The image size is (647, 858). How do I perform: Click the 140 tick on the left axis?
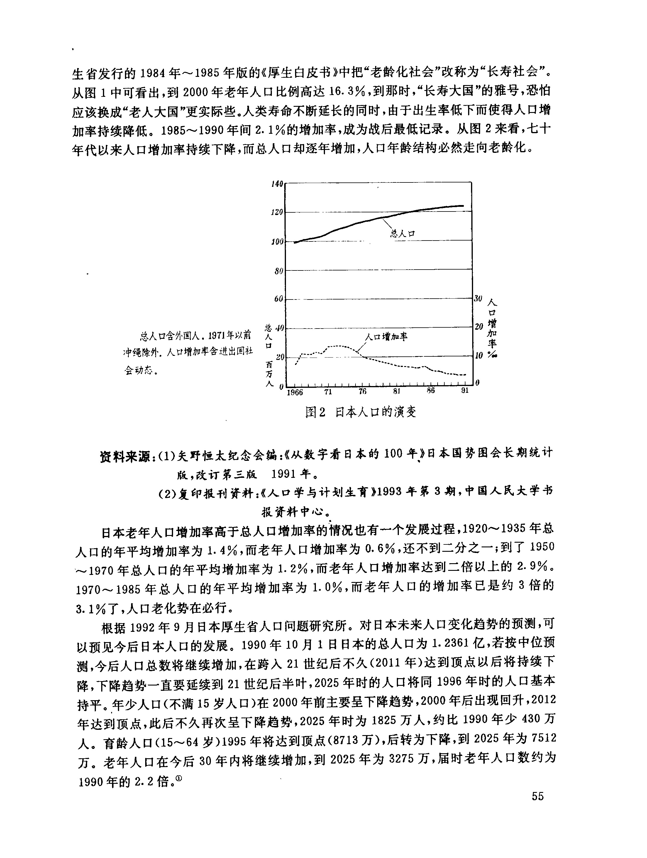tap(277, 183)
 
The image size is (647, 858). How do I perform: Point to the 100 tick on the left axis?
tap(277, 242)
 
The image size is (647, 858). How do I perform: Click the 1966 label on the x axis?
tap(295, 392)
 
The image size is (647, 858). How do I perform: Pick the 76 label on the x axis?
tap(362, 391)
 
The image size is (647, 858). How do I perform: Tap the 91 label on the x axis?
tap(465, 391)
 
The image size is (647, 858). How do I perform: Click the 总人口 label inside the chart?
tap(403, 233)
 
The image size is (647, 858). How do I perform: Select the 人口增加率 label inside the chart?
tap(386, 337)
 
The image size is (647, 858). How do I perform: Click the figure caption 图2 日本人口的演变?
tap(361, 412)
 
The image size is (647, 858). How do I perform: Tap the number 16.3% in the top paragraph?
tap(347, 92)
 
